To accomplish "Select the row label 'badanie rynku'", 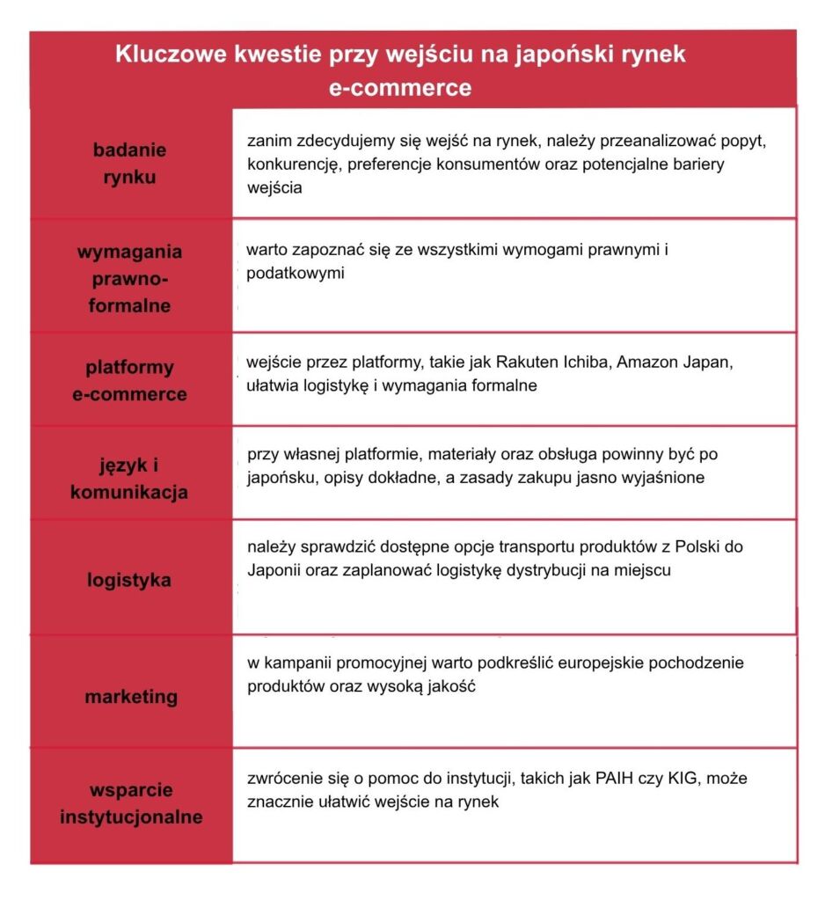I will [129, 163].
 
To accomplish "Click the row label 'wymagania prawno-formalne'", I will [129, 279].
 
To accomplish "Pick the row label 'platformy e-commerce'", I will [129, 380].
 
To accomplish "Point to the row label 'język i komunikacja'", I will [129, 479].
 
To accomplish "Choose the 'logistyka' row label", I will [129, 580].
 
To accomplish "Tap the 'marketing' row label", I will [131, 697].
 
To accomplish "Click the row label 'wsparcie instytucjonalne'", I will [131, 802].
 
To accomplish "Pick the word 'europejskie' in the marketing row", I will [514, 663].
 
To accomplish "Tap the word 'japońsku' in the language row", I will [278, 478].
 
